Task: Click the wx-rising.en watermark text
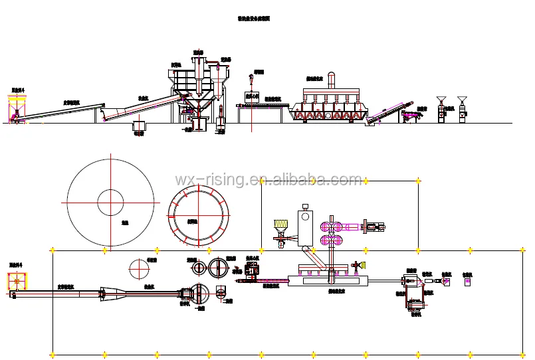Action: coord(268,179)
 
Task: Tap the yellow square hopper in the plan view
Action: coord(15,282)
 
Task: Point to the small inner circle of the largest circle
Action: coord(111,203)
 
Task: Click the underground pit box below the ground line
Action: coord(140,126)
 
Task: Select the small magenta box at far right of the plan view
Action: coord(467,282)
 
